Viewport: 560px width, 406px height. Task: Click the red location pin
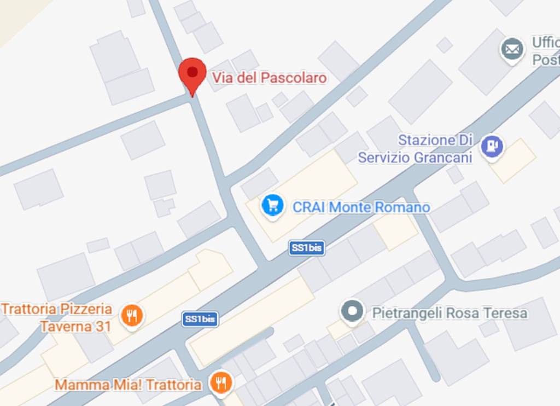pos(192,74)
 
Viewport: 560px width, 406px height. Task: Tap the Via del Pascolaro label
pos(269,78)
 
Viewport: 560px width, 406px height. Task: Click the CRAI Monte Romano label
pos(361,207)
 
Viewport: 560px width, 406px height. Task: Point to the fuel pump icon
pos(492,146)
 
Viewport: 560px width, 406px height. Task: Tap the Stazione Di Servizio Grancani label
pos(415,149)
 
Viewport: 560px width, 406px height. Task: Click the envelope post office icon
pos(512,50)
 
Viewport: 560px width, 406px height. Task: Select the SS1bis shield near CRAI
pos(306,248)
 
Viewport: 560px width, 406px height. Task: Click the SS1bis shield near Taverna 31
pos(200,319)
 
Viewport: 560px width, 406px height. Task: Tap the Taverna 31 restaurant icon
pos(131,315)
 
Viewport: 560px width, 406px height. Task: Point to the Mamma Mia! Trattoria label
pos(128,385)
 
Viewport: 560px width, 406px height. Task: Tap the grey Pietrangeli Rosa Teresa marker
pos(352,312)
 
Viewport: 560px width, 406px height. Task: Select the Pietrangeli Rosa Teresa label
pos(450,313)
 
